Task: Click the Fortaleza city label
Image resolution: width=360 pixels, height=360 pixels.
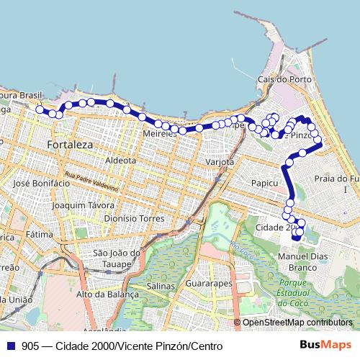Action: point(70,145)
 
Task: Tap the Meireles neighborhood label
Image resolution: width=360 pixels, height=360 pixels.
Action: point(160,134)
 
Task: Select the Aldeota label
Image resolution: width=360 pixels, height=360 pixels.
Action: point(121,160)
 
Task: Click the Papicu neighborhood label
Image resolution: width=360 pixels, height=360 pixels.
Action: point(264,184)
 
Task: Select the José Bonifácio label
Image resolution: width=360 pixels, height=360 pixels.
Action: point(41,184)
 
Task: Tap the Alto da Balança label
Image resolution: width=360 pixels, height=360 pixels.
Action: point(107,294)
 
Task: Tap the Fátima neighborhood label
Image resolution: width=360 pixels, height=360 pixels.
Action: point(40,234)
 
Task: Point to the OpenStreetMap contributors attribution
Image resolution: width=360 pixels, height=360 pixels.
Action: point(297,323)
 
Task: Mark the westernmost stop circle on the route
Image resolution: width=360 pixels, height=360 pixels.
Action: point(40,110)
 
